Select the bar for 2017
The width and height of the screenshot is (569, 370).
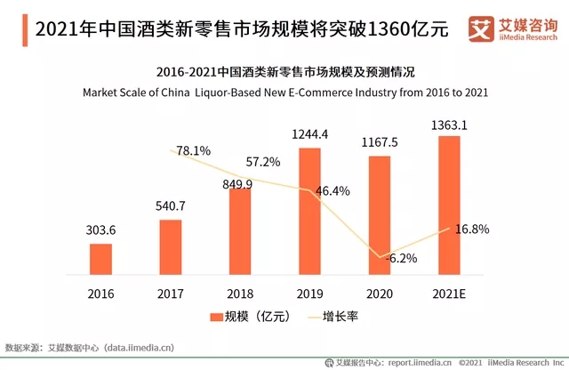click(x=171, y=246)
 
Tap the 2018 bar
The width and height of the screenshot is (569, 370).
click(x=240, y=230)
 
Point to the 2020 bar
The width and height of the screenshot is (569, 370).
click(x=379, y=214)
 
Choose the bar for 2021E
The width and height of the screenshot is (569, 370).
click(x=449, y=205)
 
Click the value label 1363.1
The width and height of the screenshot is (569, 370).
click(x=449, y=125)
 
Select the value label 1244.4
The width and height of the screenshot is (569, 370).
click(x=309, y=134)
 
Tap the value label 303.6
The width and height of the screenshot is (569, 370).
click(x=101, y=230)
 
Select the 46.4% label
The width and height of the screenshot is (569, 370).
click(x=332, y=190)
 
